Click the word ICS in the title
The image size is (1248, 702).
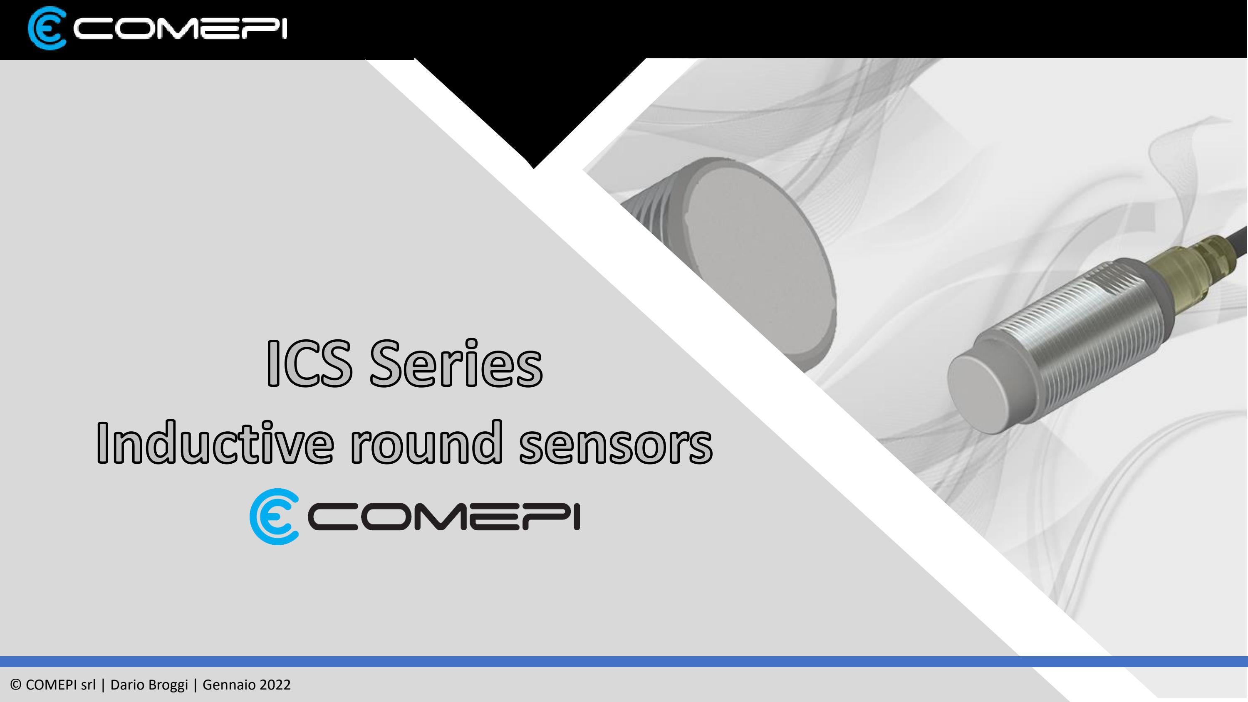click(309, 363)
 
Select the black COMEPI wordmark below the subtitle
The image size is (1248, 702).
click(444, 517)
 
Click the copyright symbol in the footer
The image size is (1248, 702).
click(16, 685)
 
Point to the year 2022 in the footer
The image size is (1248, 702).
click(275, 685)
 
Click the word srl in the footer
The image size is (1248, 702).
click(89, 685)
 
